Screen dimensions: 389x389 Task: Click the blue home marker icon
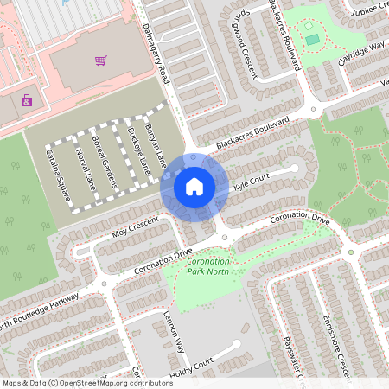[194, 186]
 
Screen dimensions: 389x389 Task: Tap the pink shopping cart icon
[101, 61]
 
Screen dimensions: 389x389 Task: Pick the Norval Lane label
[86, 169]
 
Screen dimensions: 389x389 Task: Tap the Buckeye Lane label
[138, 150]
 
